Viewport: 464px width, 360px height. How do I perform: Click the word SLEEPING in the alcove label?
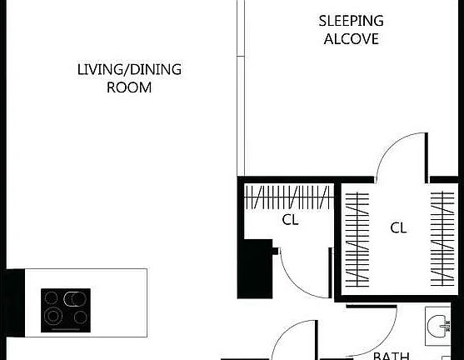352,21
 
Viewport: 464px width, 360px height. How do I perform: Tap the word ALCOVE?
352,39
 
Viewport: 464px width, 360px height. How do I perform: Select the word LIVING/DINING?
129,69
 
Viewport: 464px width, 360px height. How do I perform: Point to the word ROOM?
129,87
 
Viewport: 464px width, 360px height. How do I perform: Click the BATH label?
391,355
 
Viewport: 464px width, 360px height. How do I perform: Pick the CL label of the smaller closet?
290,221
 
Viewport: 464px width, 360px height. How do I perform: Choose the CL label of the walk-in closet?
398,227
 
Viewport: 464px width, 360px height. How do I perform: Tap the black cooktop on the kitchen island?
66,310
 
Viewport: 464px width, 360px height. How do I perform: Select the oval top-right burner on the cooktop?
77,298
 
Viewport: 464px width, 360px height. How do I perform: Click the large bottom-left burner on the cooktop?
54,317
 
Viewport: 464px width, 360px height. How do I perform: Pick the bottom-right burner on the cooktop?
79,317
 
